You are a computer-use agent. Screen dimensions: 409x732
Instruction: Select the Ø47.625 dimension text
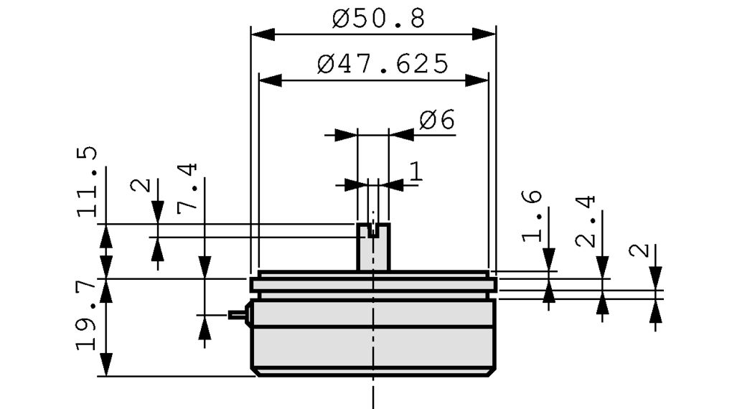click(383, 65)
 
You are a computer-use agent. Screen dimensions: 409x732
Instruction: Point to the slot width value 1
click(416, 171)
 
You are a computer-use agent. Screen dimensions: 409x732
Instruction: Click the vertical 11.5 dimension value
click(88, 182)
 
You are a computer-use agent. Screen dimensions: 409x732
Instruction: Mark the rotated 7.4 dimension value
click(187, 187)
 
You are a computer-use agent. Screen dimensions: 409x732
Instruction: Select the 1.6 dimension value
click(532, 217)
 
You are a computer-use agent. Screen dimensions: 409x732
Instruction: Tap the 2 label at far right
click(640, 250)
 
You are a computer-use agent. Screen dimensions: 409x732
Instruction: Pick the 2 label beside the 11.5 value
click(141, 185)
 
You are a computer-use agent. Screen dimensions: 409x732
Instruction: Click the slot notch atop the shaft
click(372, 231)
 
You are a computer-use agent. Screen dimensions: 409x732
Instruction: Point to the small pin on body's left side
click(238, 314)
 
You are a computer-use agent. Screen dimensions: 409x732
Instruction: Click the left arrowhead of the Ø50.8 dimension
click(263, 34)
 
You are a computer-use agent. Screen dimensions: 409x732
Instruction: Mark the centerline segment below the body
click(373, 393)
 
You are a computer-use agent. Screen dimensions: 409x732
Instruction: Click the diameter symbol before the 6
click(428, 121)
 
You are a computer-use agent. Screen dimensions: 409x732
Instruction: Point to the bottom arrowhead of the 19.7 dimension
click(106, 365)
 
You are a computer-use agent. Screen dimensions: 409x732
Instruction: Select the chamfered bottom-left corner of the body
click(254, 371)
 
